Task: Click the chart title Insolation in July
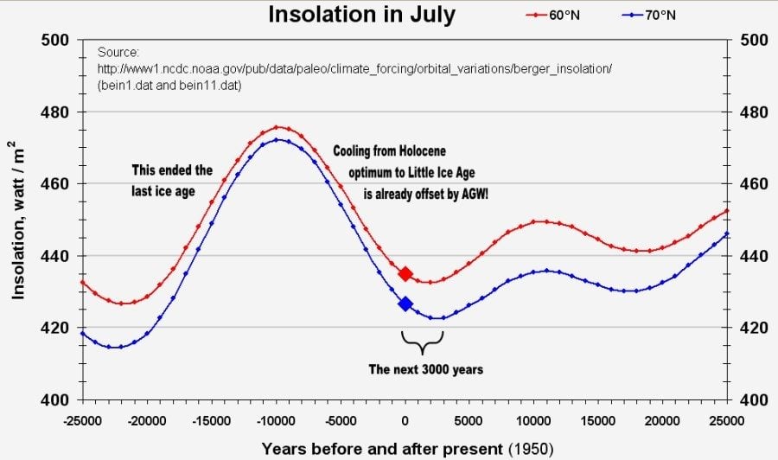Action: (x=360, y=15)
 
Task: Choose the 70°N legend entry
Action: (x=656, y=16)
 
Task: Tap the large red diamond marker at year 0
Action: (x=405, y=274)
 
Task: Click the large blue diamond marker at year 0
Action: (x=405, y=303)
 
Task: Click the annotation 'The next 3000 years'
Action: (x=425, y=369)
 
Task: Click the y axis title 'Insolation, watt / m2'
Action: (x=19, y=220)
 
